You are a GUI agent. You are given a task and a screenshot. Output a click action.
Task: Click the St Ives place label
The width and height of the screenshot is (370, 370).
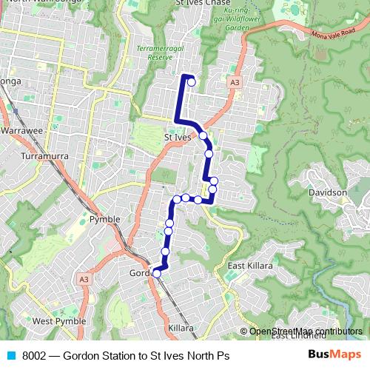click(x=177, y=137)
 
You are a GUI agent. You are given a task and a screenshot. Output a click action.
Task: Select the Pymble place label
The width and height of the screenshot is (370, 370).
click(x=104, y=220)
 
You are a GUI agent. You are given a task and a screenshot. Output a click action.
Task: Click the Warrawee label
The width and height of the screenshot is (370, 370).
click(x=22, y=129)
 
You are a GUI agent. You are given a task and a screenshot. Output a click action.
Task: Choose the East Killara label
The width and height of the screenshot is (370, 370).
click(x=250, y=266)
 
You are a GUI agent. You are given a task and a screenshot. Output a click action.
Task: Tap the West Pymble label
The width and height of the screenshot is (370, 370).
click(x=58, y=321)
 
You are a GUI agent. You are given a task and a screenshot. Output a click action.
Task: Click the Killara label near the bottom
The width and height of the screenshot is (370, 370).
click(x=181, y=327)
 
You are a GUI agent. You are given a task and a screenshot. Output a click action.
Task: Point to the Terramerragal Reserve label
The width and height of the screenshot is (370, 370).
click(x=155, y=52)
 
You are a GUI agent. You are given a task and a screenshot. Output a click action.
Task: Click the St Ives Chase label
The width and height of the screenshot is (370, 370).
click(x=202, y=4)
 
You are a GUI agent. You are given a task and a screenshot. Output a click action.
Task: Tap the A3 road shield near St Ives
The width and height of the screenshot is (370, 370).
click(x=235, y=82)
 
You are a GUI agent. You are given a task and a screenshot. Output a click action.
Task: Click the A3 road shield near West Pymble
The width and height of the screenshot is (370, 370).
click(x=84, y=279)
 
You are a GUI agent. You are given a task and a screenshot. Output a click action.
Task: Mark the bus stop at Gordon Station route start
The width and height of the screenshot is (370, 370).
click(x=156, y=273)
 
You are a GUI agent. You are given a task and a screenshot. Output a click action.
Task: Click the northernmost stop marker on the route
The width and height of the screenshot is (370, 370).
click(x=192, y=82)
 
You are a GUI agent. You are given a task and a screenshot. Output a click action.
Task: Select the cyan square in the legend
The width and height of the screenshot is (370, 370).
click(x=10, y=356)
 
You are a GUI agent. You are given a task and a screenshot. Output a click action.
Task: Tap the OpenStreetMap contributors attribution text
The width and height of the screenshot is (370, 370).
click(x=305, y=332)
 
